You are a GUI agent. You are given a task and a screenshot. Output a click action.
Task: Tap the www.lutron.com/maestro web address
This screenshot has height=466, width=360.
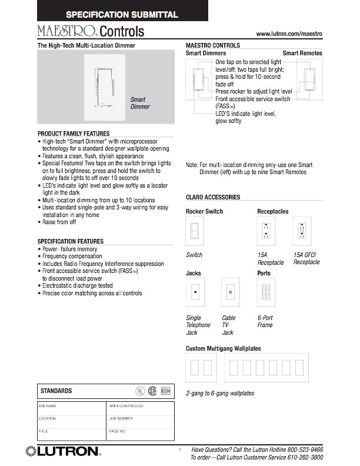coord(289,35)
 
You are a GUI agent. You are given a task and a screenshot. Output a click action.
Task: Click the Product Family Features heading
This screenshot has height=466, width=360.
coord(74,134)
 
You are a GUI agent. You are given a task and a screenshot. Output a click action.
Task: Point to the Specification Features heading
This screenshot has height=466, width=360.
coord(71,241)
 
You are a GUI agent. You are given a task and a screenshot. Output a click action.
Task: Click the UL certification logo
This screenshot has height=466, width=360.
coord(140,390)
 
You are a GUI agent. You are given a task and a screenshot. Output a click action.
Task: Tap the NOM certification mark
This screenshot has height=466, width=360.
coord(165,390)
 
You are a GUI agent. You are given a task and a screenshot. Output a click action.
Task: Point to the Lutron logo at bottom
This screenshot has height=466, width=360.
coord(63,452)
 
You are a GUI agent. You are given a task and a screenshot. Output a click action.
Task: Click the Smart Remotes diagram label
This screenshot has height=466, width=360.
coord(302,54)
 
